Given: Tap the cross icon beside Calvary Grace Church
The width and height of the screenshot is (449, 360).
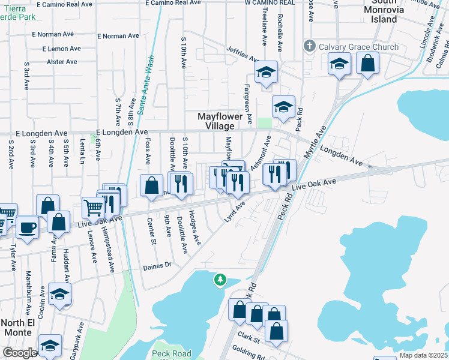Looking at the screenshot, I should [x=310, y=46].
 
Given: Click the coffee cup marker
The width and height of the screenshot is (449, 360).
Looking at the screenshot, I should [x=27, y=228].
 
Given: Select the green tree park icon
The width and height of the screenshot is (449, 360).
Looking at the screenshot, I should [x=220, y=280].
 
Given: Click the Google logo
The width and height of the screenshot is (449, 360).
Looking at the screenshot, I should [x=19, y=352].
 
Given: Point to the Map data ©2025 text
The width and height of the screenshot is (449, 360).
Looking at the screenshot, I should [x=423, y=355].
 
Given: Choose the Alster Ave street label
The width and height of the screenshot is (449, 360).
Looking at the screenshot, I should [x=62, y=62].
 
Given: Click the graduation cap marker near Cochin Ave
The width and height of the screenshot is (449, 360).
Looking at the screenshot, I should [x=59, y=294].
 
